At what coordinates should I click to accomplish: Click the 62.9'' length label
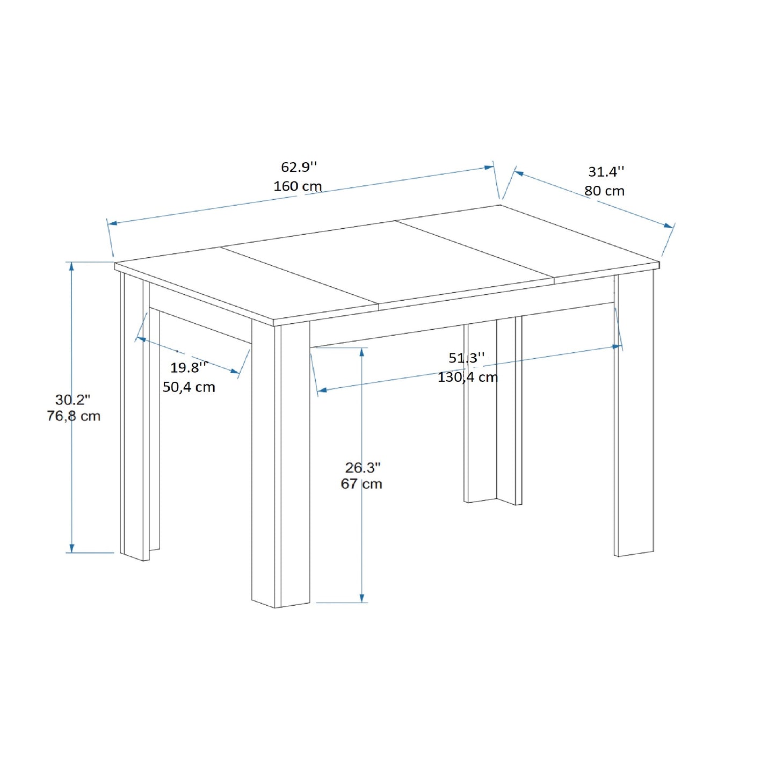(299, 166)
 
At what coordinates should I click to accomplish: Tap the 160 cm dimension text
(298, 186)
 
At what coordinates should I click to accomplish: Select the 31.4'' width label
(606, 172)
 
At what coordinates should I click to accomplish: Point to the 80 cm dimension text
(604, 191)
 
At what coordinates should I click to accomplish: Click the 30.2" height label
(72, 400)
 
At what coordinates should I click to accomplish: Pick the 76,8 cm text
(73, 416)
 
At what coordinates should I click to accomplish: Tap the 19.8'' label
(189, 367)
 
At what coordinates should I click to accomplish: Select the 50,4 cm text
(189, 387)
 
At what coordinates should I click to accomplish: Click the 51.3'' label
(467, 358)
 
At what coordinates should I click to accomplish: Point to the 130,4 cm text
(468, 378)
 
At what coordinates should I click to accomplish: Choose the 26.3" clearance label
(362, 468)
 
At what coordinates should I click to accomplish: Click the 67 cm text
(361, 484)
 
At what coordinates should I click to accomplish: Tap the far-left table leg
(135, 417)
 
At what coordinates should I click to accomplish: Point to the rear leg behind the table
(493, 411)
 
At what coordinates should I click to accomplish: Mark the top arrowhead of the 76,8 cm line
(71, 266)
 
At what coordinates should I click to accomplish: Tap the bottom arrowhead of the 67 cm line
(362, 598)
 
